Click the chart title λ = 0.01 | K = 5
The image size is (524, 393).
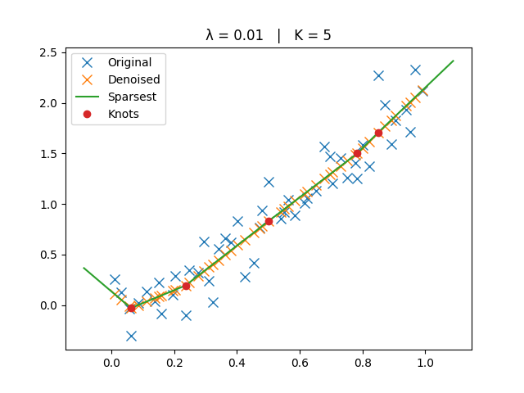tap(269, 35)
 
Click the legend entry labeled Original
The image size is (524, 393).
tap(129, 62)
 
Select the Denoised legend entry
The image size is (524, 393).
tap(133, 79)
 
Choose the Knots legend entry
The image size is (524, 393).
tap(123, 114)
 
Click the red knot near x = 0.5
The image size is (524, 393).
tap(269, 221)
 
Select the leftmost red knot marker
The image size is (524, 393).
tap(131, 308)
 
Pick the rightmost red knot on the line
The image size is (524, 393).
tap(378, 133)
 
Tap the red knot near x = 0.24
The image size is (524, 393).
tap(186, 286)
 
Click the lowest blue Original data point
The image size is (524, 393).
tap(131, 336)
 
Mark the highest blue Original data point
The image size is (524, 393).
tap(415, 70)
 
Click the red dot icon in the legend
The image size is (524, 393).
tap(88, 114)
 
